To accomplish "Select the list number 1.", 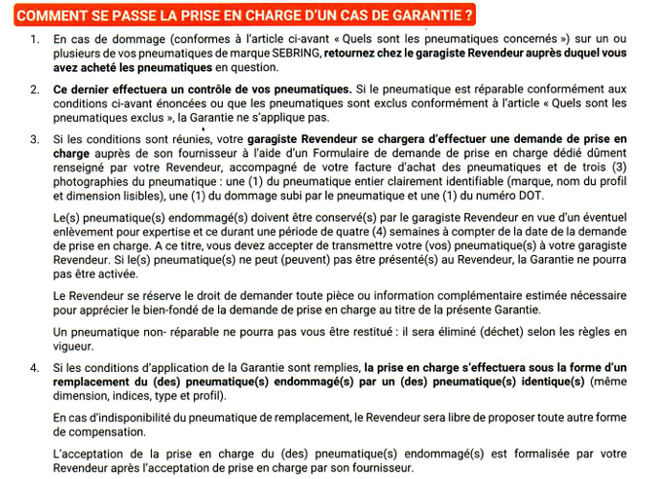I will coord(34,39).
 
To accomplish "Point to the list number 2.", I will coord(34,89).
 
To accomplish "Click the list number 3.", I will coord(34,139).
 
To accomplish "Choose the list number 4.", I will coord(34,368).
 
